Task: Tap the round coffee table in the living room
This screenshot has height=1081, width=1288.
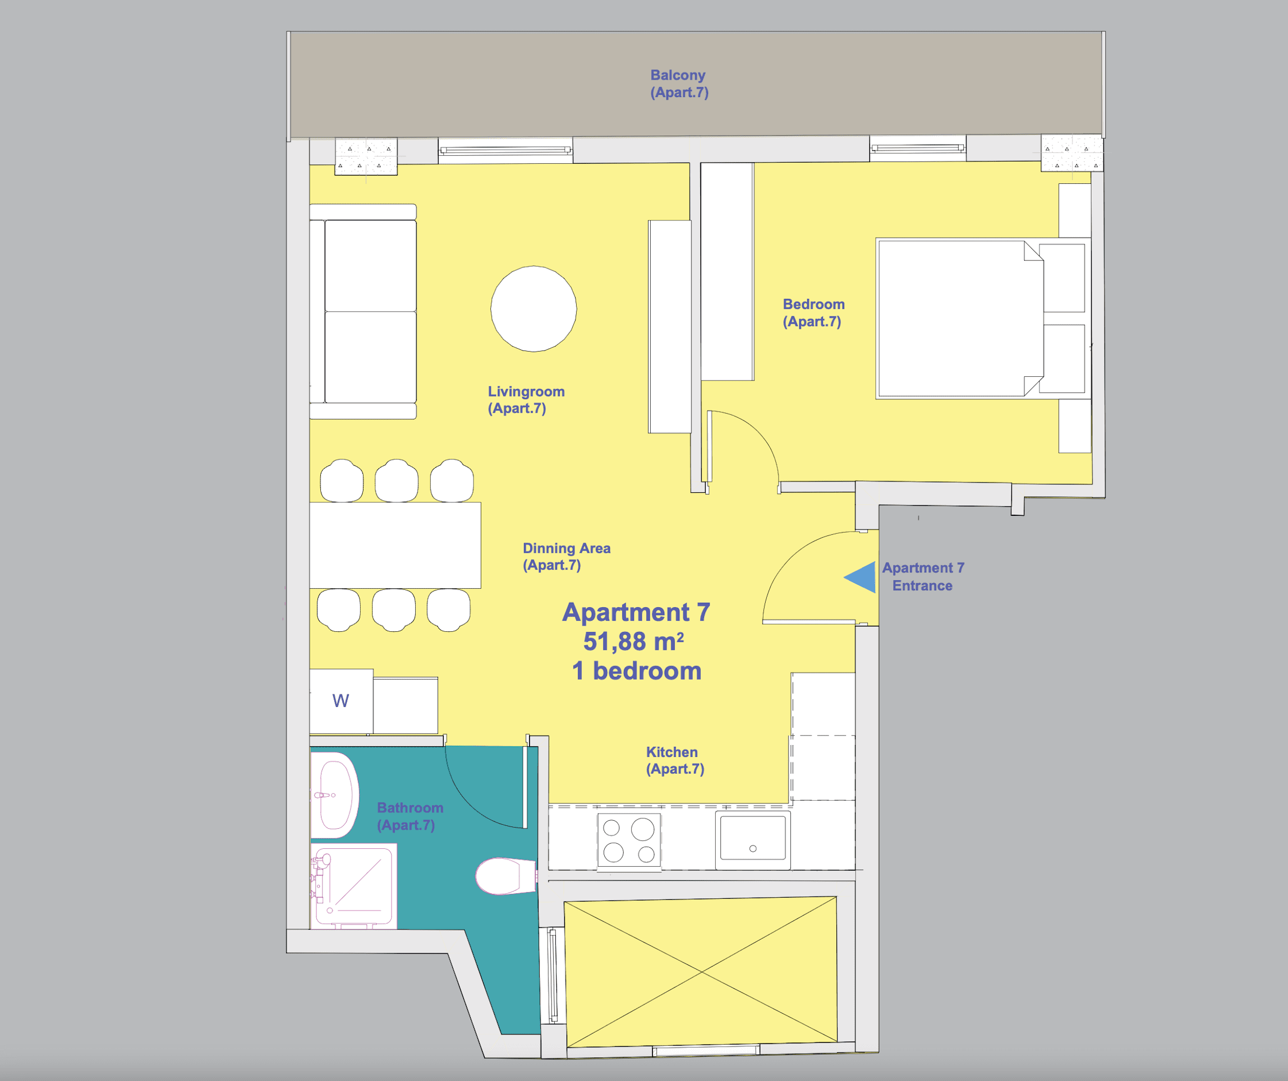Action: tap(533, 308)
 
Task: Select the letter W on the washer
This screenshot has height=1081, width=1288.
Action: tap(341, 700)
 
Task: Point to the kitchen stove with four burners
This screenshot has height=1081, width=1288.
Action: tap(629, 840)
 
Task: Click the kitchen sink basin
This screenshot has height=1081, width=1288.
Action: tap(753, 838)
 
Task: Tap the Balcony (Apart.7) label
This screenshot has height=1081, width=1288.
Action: tap(679, 84)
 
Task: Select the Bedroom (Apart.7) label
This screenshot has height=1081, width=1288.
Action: tap(813, 313)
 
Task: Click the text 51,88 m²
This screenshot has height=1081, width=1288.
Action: tap(633, 641)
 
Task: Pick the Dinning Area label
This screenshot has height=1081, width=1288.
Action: tap(566, 548)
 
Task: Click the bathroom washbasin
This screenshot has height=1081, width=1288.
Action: tap(335, 794)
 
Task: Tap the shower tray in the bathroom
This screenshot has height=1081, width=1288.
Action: tap(354, 886)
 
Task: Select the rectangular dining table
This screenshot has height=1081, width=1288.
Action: tap(395, 545)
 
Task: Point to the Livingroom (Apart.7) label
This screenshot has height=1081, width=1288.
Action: tap(526, 400)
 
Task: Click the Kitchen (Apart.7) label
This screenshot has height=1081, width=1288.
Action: tap(675, 760)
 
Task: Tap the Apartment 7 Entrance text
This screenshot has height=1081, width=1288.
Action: tap(923, 576)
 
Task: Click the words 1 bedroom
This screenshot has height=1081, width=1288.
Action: tap(637, 671)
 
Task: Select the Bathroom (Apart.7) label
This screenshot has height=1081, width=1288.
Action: tap(410, 816)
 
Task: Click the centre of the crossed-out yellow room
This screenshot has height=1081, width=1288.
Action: tap(702, 972)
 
